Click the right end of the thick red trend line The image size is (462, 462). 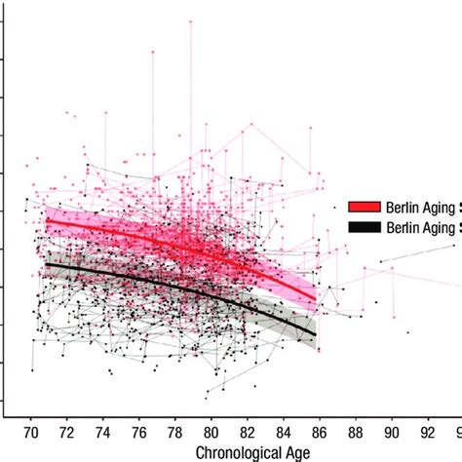pyautogui.click(x=315, y=297)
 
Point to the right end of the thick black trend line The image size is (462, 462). pyautogui.click(x=315, y=334)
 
